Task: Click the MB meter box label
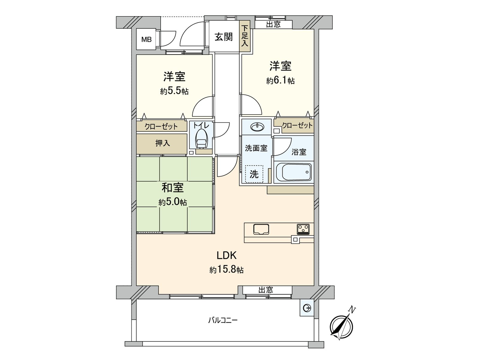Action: [x=146, y=39]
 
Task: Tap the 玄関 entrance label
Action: [x=223, y=37]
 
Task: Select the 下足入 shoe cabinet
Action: [x=245, y=36]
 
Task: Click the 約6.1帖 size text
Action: [x=280, y=80]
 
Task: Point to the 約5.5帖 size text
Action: [x=174, y=91]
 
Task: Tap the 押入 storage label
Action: [x=163, y=143]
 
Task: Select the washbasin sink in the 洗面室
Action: [x=257, y=127]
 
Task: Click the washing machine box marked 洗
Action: [x=254, y=174]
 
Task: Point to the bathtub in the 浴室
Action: [x=294, y=172]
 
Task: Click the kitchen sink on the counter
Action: [x=261, y=229]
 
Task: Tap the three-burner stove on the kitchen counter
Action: [x=303, y=229]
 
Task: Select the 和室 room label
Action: [x=172, y=188]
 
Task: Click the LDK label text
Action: [x=227, y=256]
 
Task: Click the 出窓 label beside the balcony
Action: [x=266, y=290]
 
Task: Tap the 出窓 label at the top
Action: [x=273, y=25]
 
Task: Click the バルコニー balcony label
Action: [x=223, y=320]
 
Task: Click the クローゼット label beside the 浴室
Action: [x=297, y=125]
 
